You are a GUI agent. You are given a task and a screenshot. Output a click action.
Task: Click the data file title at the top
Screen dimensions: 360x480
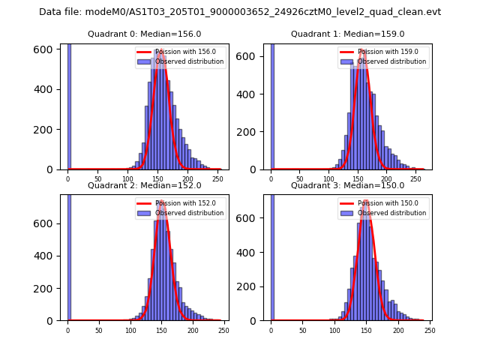pyautogui.click(x=240, y=12)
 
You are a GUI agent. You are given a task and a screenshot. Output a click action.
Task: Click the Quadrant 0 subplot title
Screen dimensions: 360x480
pyautogui.click(x=145, y=34)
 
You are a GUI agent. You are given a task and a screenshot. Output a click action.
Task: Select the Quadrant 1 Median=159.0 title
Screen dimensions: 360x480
pyautogui.click(x=348, y=34)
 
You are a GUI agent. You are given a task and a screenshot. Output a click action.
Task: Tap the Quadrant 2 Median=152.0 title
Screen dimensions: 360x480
pyautogui.click(x=145, y=185)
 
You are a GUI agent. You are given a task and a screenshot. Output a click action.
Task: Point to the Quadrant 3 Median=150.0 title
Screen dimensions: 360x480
pyautogui.click(x=348, y=185)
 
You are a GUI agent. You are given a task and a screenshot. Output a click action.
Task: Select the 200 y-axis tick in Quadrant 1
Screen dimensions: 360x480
pyautogui.click(x=252, y=132)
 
